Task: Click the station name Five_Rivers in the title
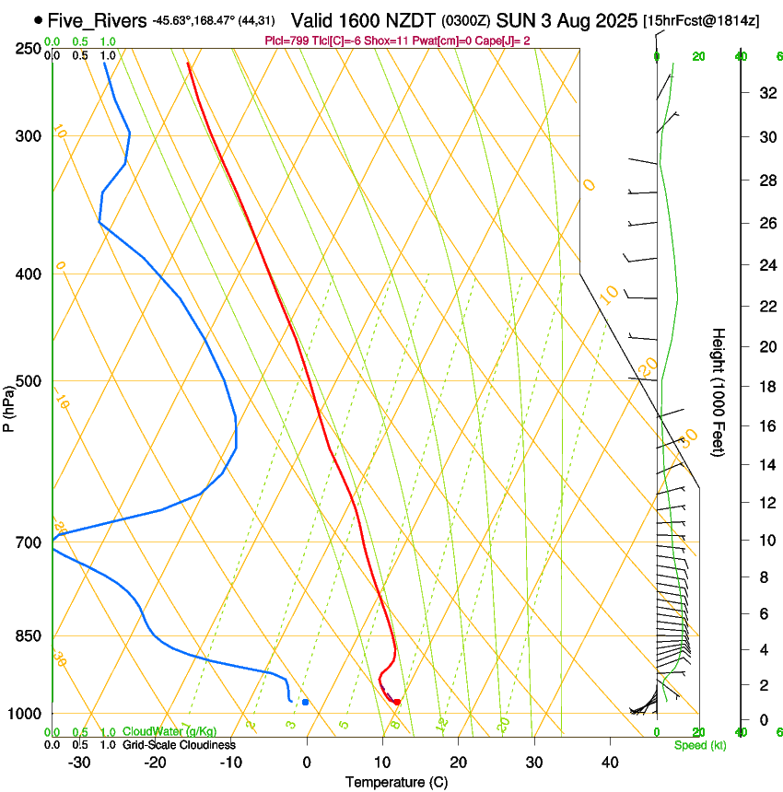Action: (x=97, y=20)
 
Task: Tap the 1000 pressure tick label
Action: (x=26, y=714)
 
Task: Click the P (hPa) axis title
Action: (x=9, y=405)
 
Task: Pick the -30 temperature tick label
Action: (x=79, y=762)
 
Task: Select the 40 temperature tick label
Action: (x=610, y=762)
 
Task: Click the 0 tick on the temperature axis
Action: (x=307, y=762)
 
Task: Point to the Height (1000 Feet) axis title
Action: (x=719, y=391)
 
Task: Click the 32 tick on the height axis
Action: (x=765, y=93)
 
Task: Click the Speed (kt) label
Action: (x=700, y=745)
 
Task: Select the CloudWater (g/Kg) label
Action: (x=169, y=732)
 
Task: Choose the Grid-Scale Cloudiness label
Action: (x=179, y=744)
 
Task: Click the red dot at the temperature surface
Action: (x=397, y=703)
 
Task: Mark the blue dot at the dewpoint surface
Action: (x=305, y=703)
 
